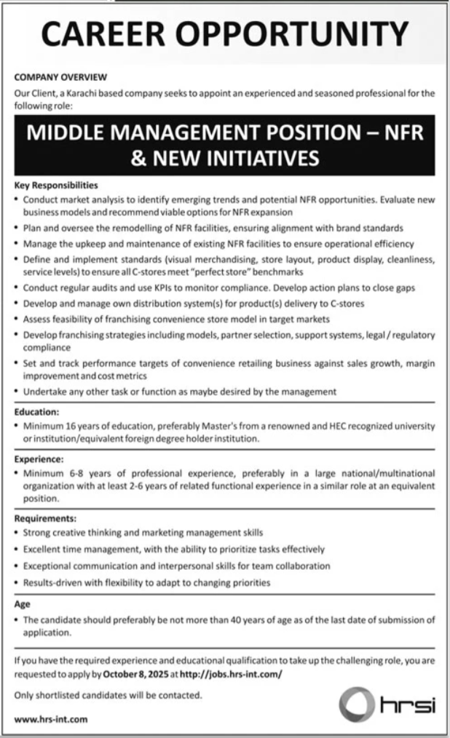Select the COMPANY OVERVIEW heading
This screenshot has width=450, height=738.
(x=61, y=76)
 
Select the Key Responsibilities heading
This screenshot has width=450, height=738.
(x=55, y=185)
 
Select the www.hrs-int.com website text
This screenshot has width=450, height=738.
(x=51, y=720)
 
